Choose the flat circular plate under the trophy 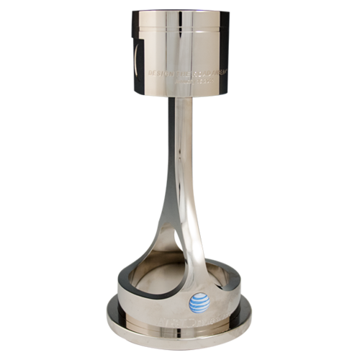(180, 338)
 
